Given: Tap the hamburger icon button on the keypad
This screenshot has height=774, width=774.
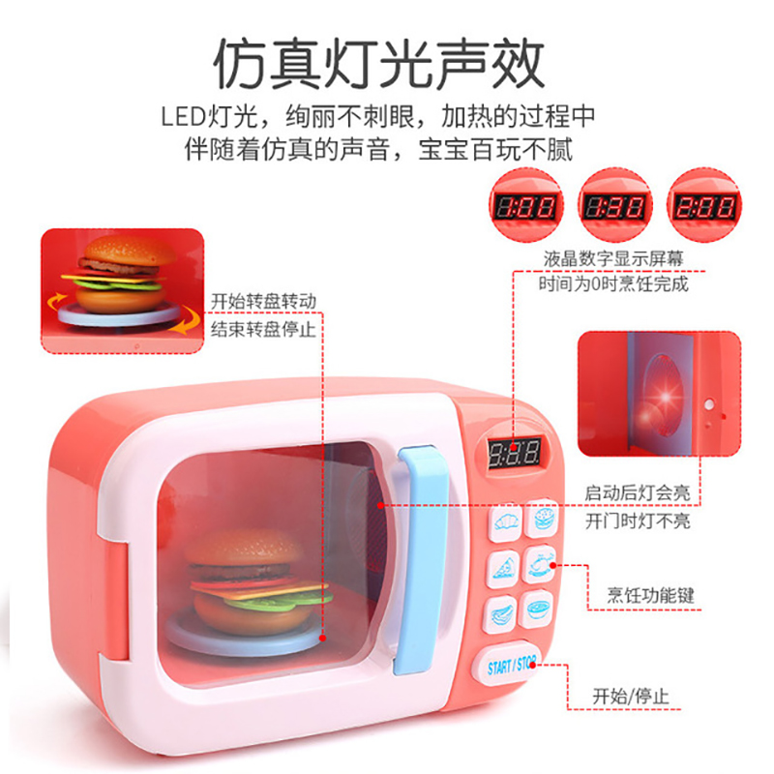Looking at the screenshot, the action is pyautogui.click(x=544, y=519).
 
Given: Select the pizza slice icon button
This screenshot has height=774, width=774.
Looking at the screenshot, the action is pyautogui.click(x=503, y=567).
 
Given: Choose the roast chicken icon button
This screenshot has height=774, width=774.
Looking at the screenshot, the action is pyautogui.click(x=542, y=564).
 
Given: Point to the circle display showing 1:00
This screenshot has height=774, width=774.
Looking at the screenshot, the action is pyautogui.click(x=525, y=206).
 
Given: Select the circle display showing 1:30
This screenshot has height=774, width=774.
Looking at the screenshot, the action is pyautogui.click(x=614, y=206).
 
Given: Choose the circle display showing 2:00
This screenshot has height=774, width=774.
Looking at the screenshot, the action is pyautogui.click(x=703, y=206).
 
